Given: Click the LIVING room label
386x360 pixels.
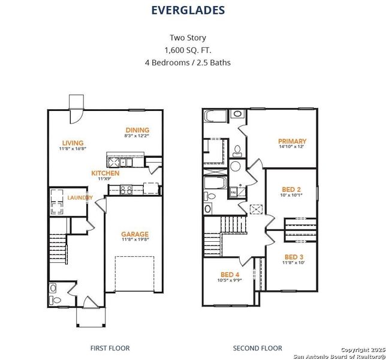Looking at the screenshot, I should click(73, 143).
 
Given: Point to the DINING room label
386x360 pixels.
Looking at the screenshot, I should click(137, 130).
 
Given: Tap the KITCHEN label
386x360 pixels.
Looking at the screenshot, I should click(105, 173).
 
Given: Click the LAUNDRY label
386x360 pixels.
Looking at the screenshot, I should click(79, 197).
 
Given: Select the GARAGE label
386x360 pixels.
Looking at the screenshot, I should click(134, 234).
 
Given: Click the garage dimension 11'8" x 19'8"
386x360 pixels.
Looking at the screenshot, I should click(134, 241).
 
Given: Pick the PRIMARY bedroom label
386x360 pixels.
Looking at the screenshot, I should click(292, 141).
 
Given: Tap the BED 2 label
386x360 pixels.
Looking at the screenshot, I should click(291, 188).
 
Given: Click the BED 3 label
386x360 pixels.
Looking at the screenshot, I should click(294, 257).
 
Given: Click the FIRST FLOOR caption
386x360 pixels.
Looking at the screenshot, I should click(110, 348).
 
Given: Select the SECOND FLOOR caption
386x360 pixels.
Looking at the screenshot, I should click(257, 348).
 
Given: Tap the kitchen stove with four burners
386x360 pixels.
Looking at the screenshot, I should click(126, 189).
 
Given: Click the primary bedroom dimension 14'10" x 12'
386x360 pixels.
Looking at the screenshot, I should click(292, 147).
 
